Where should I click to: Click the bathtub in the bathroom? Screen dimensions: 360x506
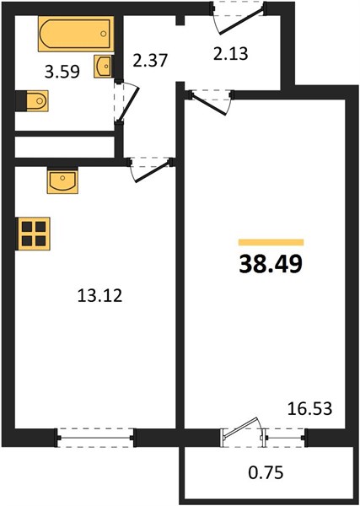coord(76,34)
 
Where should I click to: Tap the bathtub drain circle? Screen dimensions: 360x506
coord(103,34)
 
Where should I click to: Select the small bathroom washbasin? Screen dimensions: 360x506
coord(103,66)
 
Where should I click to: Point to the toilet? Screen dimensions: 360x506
coord(32,101)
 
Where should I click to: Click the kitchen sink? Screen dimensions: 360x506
coord(62,180)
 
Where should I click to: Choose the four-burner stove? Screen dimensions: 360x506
coord(33,234)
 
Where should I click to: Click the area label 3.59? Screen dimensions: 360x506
coord(62,72)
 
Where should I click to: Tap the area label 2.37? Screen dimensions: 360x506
coord(150,61)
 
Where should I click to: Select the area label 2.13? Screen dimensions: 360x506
coord(231,54)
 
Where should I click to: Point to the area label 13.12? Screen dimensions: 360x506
coord(100,295)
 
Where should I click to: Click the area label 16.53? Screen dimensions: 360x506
coord(309,408)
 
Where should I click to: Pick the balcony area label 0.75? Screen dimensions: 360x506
coord(266,473)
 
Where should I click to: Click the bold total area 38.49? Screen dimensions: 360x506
coord(271,264)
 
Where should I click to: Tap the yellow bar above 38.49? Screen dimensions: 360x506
coord(271,242)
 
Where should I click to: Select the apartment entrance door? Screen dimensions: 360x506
coord(239,17)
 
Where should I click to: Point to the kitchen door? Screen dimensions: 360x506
coord(151,170)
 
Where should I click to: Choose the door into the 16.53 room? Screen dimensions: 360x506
coord(211,102)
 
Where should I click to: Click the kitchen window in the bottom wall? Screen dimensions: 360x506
coord(95,438)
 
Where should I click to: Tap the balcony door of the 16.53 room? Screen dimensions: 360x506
coord(243,433)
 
